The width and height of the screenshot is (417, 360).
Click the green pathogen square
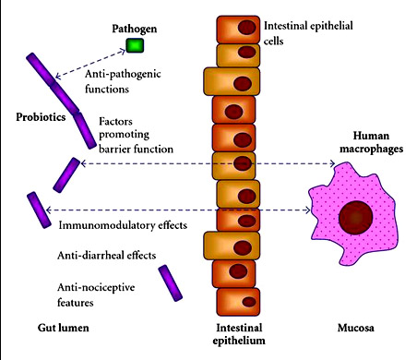(x=135, y=45)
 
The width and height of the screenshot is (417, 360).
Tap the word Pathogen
(x=135, y=29)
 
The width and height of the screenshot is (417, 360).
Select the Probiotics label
(x=41, y=117)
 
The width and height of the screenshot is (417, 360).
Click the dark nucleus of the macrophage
(x=356, y=218)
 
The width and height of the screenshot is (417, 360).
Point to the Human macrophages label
(x=371, y=142)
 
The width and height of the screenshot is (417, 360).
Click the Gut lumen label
(x=64, y=328)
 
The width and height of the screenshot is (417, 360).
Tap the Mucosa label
(x=356, y=328)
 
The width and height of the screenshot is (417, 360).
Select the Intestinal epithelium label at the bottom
(x=239, y=334)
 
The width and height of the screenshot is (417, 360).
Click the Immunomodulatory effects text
(x=123, y=225)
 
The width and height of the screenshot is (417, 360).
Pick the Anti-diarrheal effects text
(x=106, y=256)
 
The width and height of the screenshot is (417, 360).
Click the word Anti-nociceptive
(x=96, y=288)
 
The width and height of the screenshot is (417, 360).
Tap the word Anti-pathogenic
(x=123, y=74)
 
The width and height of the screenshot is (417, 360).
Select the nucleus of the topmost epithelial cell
(x=246, y=28)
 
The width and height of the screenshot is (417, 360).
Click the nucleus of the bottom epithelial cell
(x=249, y=302)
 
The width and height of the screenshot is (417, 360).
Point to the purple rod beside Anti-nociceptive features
(x=171, y=283)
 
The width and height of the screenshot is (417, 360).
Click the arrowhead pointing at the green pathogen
(x=123, y=50)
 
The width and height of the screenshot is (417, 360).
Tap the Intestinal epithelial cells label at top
(x=308, y=33)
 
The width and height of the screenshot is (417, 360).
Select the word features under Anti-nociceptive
(x=76, y=303)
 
